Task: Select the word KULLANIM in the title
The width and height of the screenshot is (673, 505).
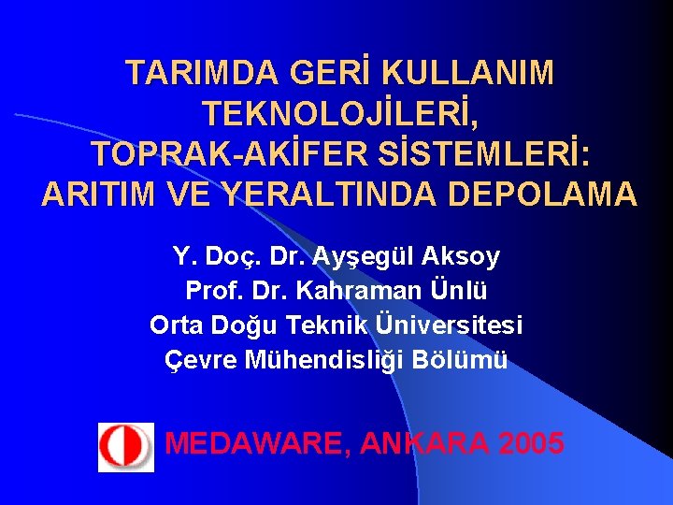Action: pos(468,74)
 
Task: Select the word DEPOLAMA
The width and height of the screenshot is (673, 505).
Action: pos(543,195)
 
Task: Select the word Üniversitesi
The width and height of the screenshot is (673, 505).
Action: pos(449,325)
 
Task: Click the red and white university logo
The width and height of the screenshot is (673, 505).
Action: pos(125,446)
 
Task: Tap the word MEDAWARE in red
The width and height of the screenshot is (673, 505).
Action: pos(253,442)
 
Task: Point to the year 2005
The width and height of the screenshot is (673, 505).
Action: pos(531,442)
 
